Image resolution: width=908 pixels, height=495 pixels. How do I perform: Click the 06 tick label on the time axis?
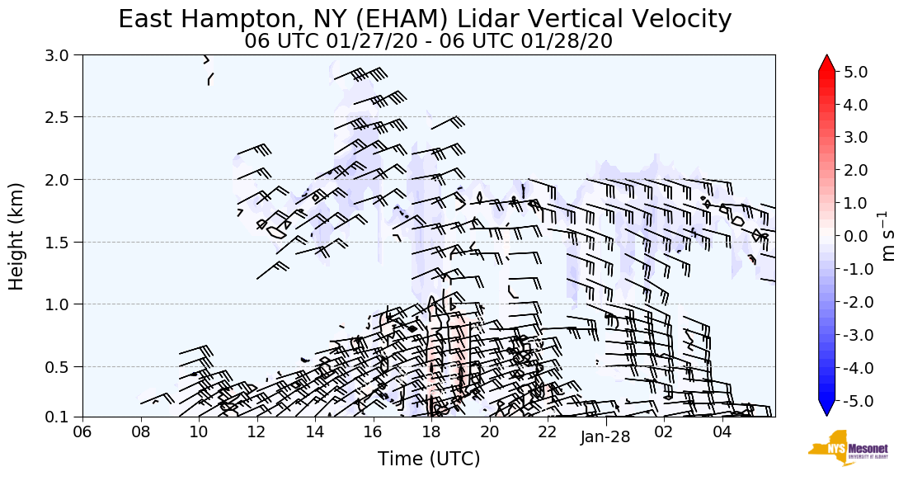82,431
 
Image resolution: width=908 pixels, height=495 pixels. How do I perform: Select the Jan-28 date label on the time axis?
605,437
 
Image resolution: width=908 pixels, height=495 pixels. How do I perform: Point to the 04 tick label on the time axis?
722,431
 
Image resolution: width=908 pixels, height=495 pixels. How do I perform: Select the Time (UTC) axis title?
429,459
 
